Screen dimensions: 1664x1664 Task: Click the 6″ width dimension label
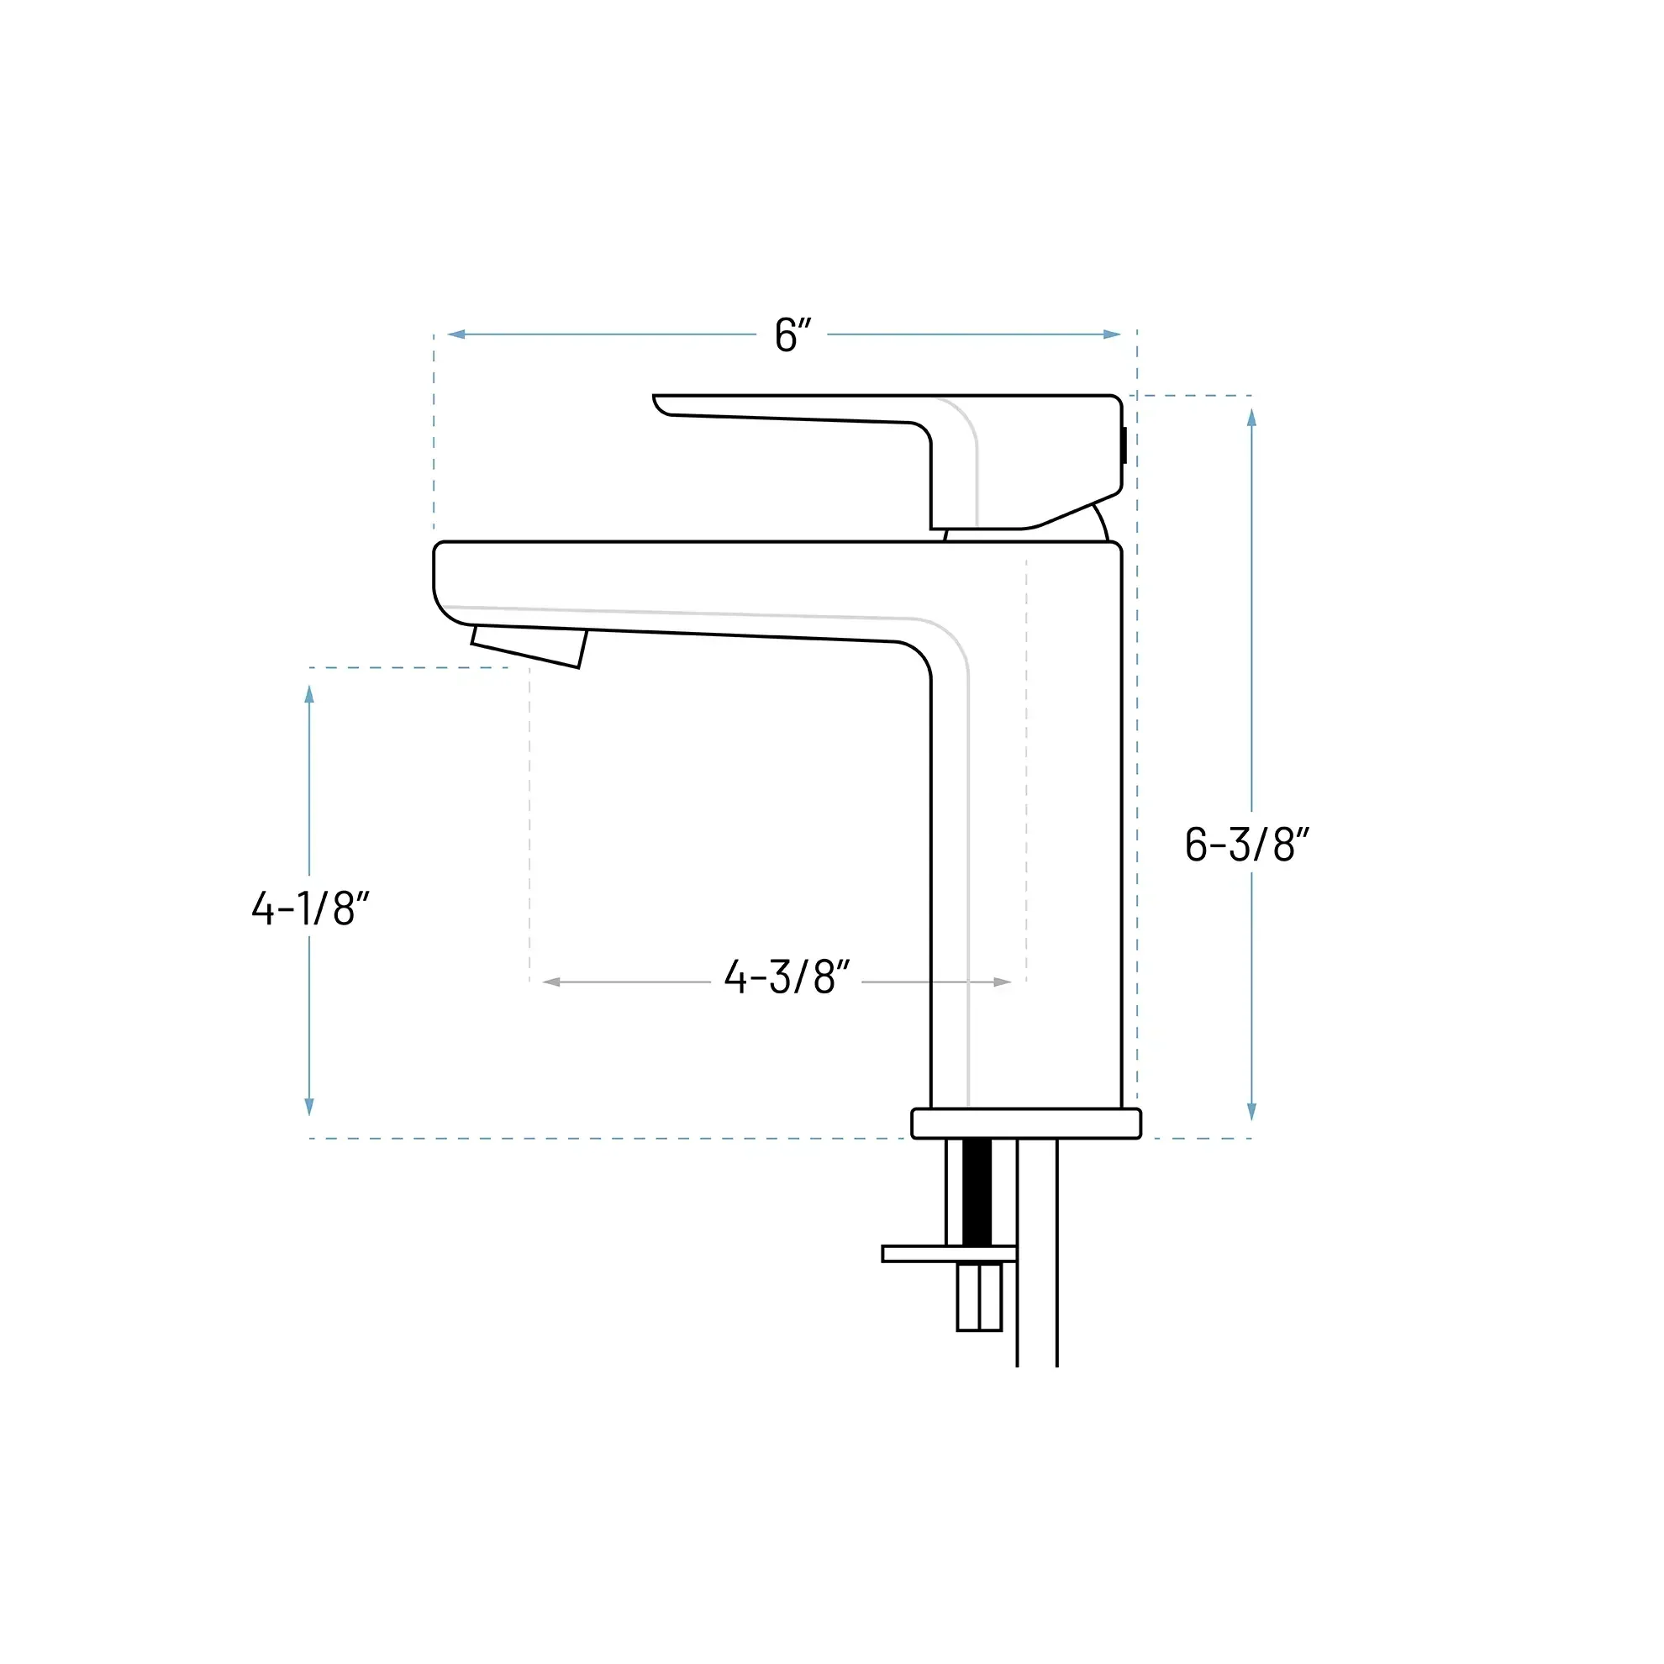793,334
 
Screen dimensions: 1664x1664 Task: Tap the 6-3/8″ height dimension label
1247,844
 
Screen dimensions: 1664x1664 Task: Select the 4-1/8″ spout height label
311,908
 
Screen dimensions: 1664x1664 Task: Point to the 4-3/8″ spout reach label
787,977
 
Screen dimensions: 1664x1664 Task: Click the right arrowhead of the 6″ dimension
1112,334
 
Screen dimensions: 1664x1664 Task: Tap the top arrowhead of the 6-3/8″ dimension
1251,418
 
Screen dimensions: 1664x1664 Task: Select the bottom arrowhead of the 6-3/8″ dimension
1251,1112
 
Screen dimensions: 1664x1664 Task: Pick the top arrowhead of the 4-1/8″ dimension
309,694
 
